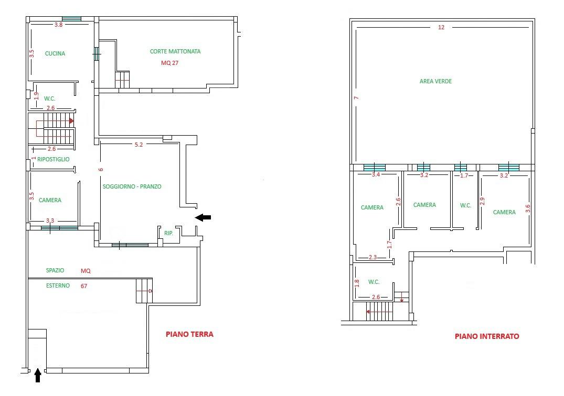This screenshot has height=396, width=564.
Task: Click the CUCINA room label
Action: [x=55, y=53]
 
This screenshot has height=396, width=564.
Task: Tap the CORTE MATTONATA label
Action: [x=175, y=51]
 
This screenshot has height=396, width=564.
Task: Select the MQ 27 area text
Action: [x=170, y=63]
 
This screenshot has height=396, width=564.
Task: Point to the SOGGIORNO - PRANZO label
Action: [x=132, y=186]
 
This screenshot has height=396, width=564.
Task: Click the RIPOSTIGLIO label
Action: [x=53, y=159]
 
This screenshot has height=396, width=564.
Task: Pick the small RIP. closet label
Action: [x=169, y=233]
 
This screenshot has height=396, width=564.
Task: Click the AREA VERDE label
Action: [x=435, y=81]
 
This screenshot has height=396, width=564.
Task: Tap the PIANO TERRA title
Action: [x=189, y=334]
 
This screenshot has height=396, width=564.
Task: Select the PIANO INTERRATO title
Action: [x=487, y=336]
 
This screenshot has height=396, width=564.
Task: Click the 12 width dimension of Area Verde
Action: [x=441, y=27]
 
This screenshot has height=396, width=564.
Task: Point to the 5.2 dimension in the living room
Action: [x=139, y=145]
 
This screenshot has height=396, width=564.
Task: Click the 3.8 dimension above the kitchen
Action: [x=59, y=25]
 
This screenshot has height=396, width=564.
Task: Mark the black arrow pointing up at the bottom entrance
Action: [x=38, y=376]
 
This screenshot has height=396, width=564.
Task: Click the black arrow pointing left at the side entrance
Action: [x=203, y=217]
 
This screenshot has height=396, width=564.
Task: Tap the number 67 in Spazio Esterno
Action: [x=84, y=286]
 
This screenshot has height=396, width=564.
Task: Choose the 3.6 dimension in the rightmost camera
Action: [x=528, y=208]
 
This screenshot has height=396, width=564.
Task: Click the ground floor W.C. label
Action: [x=50, y=98]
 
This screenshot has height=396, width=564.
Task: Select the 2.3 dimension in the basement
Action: [x=373, y=257]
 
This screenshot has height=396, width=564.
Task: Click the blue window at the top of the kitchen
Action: [x=71, y=19]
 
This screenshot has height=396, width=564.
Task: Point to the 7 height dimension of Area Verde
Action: [x=356, y=97]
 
